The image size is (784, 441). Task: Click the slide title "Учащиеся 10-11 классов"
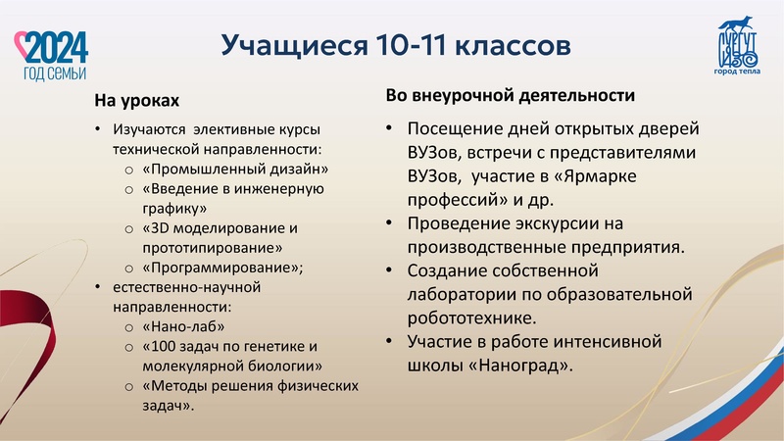pos(392,45)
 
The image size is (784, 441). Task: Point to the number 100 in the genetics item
pos(162,346)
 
